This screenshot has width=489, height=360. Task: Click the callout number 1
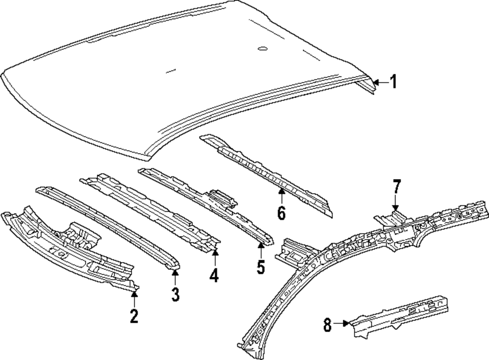(x=393, y=82)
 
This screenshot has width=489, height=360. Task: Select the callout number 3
(x=175, y=294)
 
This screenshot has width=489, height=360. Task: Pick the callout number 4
(x=214, y=276)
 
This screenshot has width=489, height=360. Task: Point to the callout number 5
(x=261, y=267)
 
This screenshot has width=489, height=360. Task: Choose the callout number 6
(x=282, y=213)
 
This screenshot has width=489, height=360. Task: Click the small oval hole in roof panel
(x=262, y=48)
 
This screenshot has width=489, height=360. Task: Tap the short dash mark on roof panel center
(x=170, y=71)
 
